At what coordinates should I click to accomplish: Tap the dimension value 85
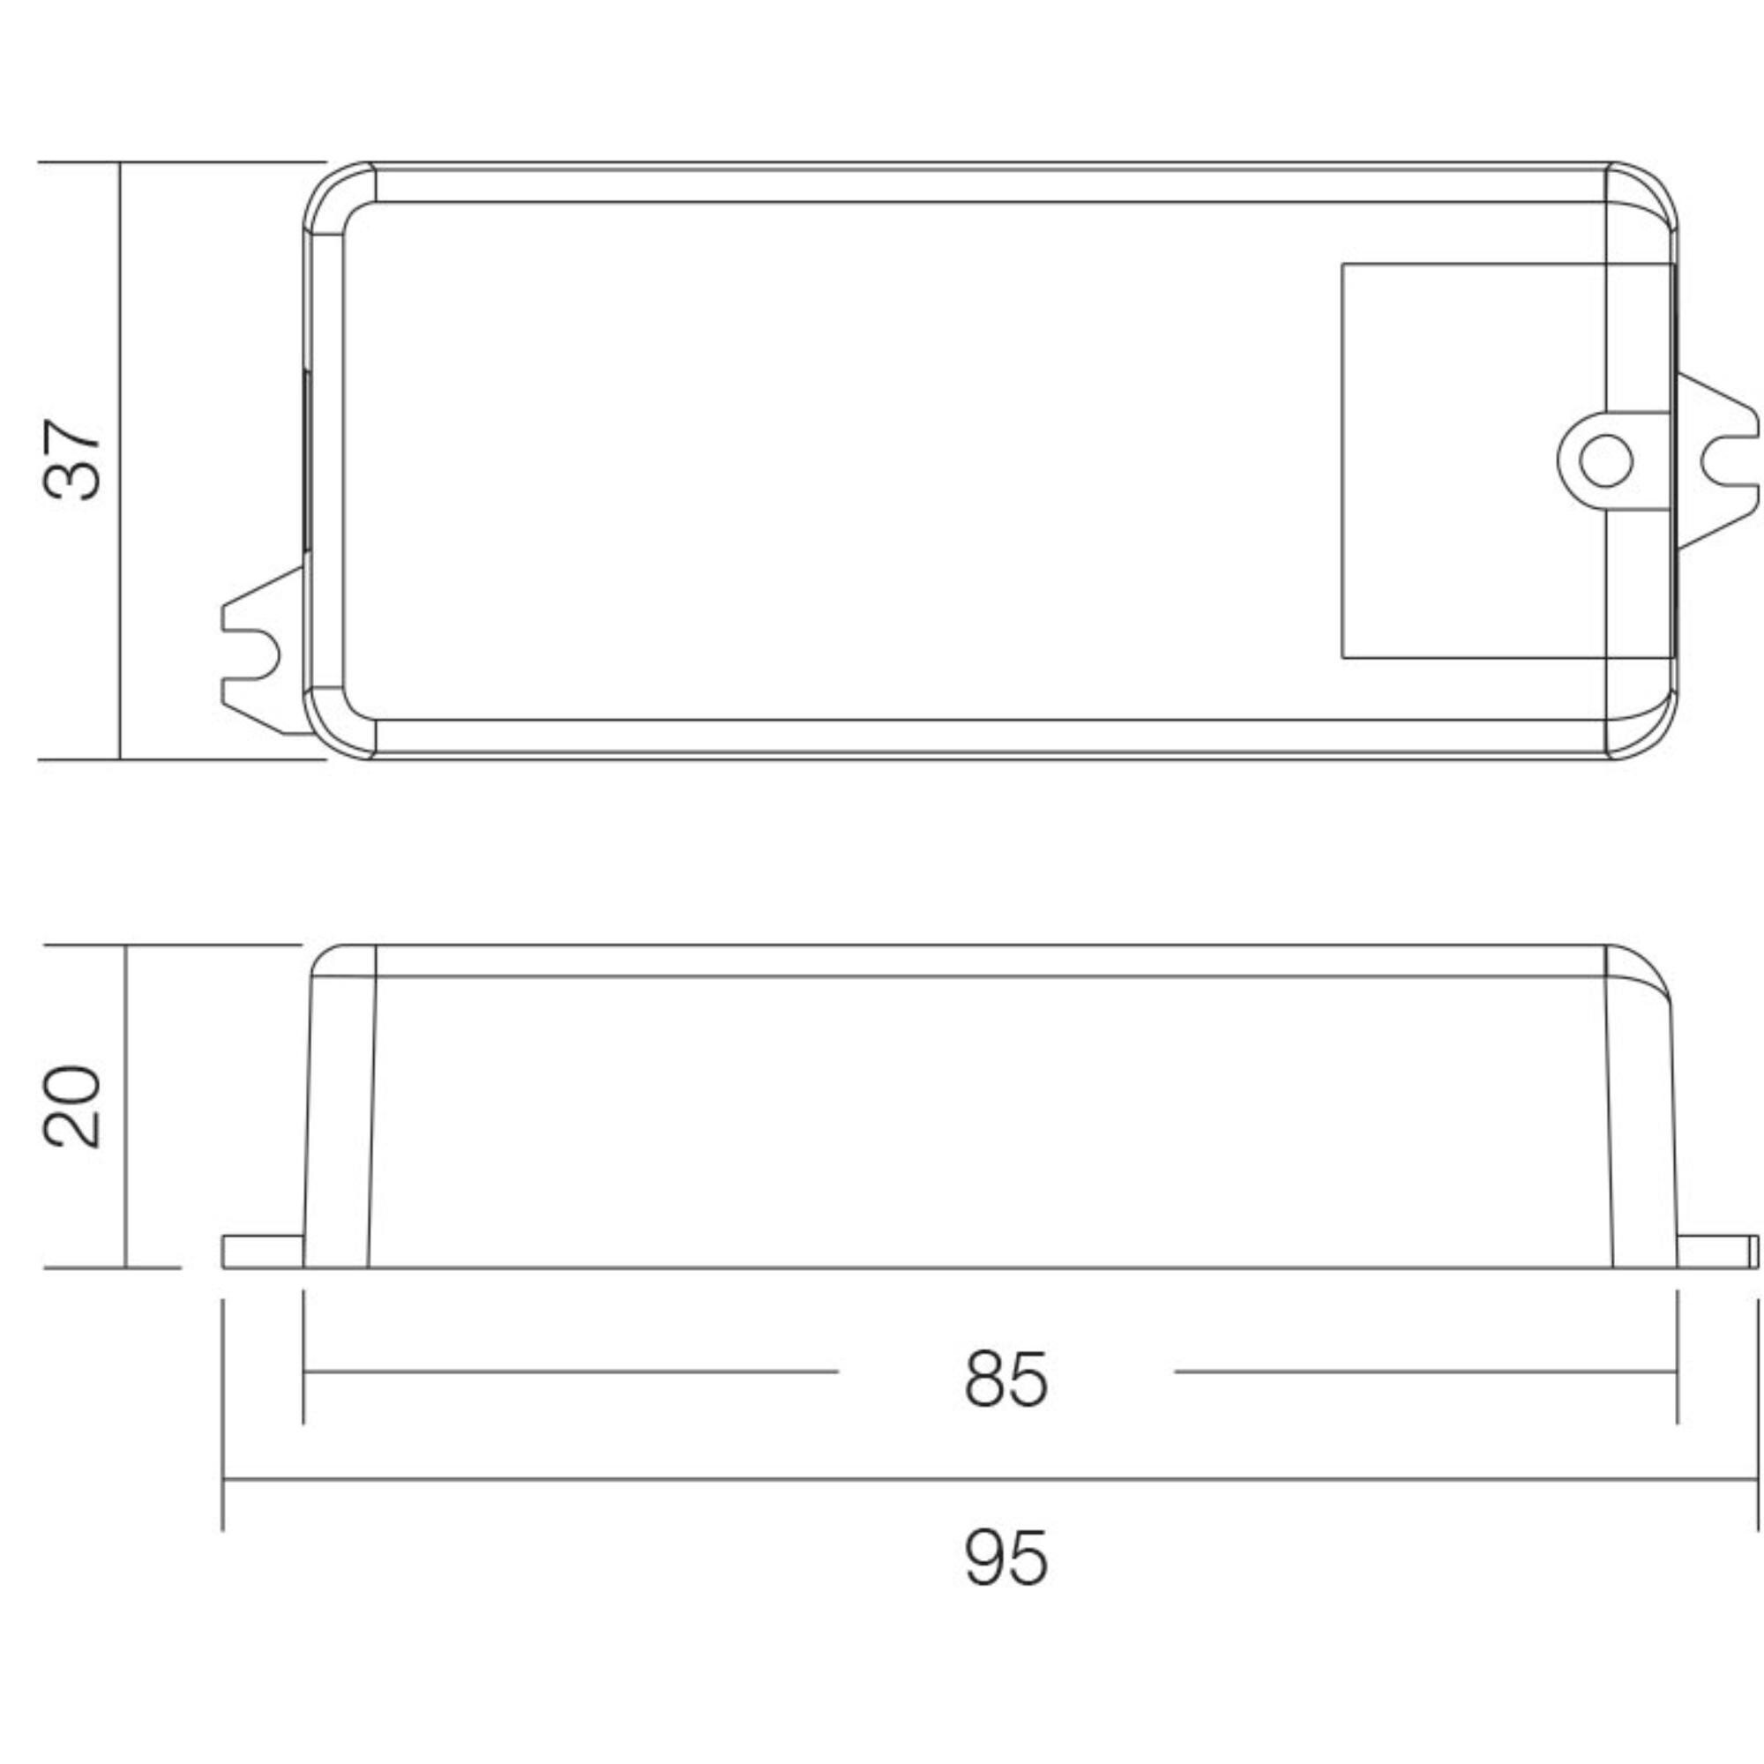1006,1378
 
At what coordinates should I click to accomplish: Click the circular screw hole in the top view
1605,460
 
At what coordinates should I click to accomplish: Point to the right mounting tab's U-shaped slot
1728,460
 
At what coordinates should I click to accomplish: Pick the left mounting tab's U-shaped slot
253,654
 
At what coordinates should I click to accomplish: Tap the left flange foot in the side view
263,1251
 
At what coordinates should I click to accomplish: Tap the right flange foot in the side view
1716,1251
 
